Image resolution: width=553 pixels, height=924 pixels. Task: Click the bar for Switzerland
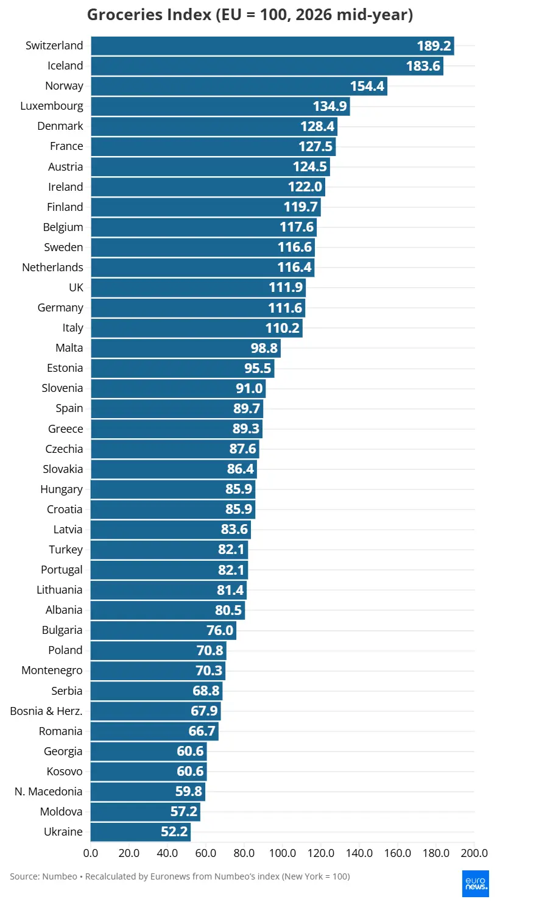(x=272, y=46)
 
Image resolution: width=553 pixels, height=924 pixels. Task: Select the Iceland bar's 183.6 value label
(x=423, y=66)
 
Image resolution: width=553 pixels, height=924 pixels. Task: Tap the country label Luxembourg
(x=52, y=106)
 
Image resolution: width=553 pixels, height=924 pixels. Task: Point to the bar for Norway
(x=239, y=86)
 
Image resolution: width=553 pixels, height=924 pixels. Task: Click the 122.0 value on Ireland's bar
(x=305, y=187)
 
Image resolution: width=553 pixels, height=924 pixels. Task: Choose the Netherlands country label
(x=53, y=268)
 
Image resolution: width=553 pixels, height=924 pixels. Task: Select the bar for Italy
(x=197, y=328)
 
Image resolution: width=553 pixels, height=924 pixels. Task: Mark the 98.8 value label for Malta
(x=264, y=348)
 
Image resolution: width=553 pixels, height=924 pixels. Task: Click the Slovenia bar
(x=178, y=389)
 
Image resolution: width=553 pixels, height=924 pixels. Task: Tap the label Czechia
(x=65, y=449)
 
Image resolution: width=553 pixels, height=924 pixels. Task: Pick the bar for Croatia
(x=173, y=510)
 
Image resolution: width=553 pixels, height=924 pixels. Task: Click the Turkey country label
(x=66, y=550)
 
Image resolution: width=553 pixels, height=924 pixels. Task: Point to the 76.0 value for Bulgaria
(x=220, y=630)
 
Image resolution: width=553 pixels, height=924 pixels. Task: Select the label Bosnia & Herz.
(x=46, y=711)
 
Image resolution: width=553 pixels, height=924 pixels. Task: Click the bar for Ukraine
(x=141, y=832)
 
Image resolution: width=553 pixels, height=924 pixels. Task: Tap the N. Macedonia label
(x=49, y=792)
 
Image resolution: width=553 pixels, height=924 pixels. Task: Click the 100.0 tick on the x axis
(x=283, y=853)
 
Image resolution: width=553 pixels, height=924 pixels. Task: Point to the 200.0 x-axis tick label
(x=474, y=853)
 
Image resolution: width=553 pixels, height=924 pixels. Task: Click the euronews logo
(x=476, y=884)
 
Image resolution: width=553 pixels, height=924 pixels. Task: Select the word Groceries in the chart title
(x=149, y=15)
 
